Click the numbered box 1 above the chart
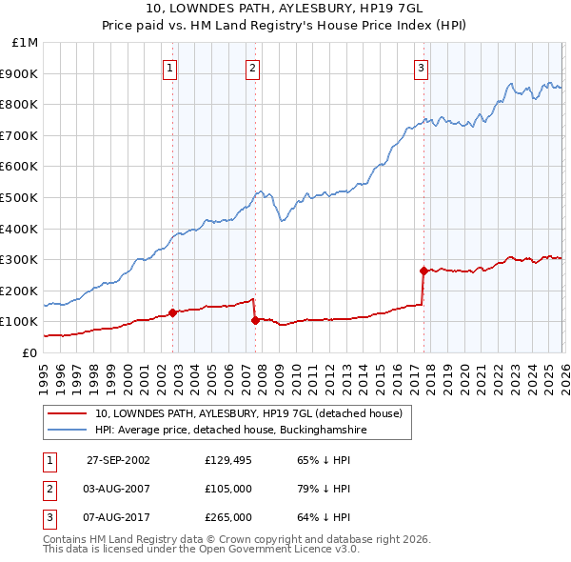tap(169, 68)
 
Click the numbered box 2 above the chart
tap(252, 68)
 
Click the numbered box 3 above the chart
tap(421, 68)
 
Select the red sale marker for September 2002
tap(172, 312)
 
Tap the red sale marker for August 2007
tap(255, 320)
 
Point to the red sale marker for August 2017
tap(423, 271)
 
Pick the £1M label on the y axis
tap(25, 43)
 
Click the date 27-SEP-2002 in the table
tap(118, 459)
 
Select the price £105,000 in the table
tap(227, 489)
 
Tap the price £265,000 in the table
tap(227, 518)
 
